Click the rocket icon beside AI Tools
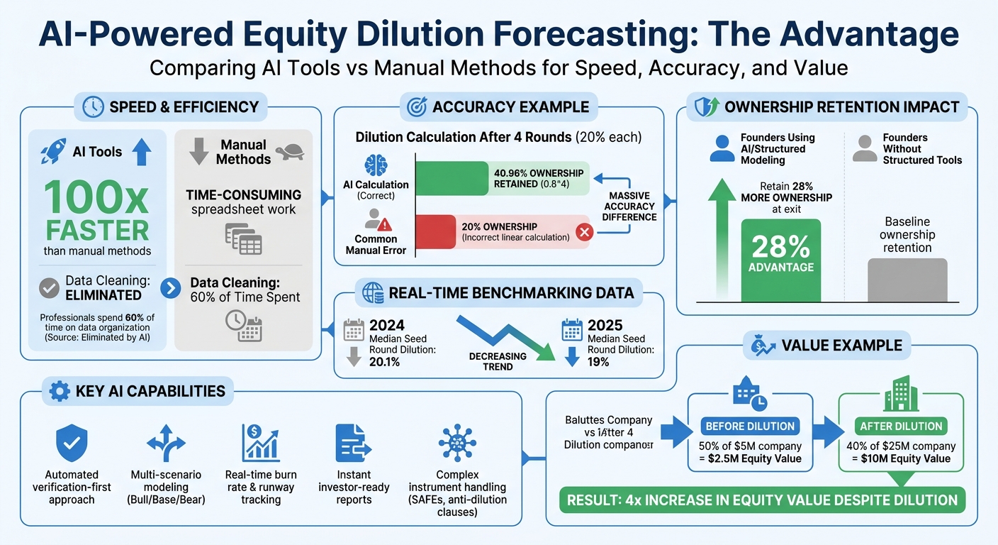[54, 152]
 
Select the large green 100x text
[98, 198]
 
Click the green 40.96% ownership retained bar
[502, 178]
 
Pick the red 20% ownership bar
[502, 231]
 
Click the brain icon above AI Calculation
[376, 165]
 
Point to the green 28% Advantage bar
[780, 260]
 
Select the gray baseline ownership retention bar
[907, 280]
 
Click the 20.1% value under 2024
[386, 362]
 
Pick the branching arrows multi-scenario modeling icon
[165, 444]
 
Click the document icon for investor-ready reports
[353, 444]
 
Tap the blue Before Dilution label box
[750, 426]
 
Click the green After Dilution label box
[901, 426]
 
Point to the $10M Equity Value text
[901, 458]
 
